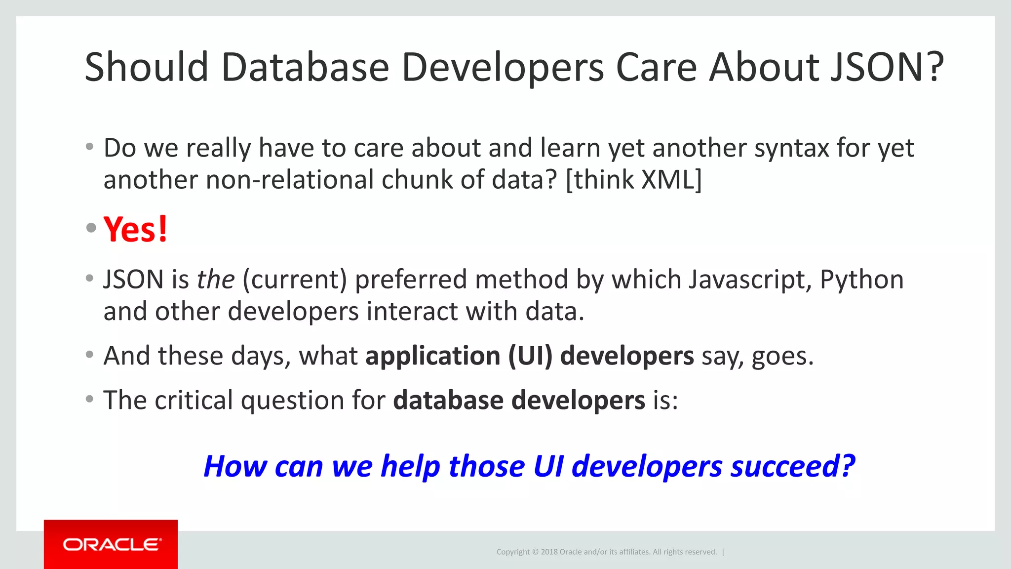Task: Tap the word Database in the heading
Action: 305,67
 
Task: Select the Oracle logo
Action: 111,544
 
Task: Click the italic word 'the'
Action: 215,280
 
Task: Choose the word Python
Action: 861,280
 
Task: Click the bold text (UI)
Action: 530,356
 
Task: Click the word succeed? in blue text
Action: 792,466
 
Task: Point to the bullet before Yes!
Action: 90,228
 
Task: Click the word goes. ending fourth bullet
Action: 782,356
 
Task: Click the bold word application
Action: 432,356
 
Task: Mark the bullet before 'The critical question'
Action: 89,399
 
